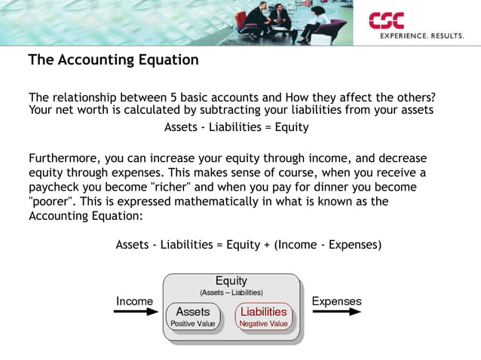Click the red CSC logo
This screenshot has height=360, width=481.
(386, 21)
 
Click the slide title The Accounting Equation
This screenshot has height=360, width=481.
(113, 60)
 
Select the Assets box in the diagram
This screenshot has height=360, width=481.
(193, 316)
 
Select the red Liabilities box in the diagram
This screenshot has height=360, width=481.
(263, 316)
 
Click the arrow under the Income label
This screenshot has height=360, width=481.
(133, 312)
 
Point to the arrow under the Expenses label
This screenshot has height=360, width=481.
(336, 312)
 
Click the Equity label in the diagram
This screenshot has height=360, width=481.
(231, 282)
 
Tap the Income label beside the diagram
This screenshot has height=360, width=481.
(134, 301)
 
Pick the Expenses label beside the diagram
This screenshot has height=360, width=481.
(336, 301)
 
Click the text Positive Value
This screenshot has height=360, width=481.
(193, 324)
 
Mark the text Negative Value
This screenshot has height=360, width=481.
(263, 324)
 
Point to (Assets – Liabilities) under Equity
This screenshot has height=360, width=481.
(231, 292)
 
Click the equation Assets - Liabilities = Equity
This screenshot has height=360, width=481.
(237, 127)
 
